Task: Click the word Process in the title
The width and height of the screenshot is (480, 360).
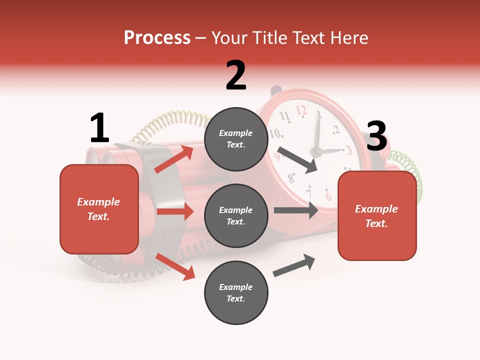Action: [x=157, y=37]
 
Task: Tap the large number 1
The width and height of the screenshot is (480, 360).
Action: [x=99, y=128]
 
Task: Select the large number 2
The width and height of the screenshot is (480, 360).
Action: [x=236, y=75]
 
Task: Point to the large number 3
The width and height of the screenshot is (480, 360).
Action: [x=376, y=136]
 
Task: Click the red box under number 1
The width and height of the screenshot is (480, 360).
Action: [x=99, y=209]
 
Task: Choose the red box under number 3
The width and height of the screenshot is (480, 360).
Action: [x=377, y=216]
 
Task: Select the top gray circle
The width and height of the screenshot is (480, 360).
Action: [x=236, y=139]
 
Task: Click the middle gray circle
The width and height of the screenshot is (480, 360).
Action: [x=236, y=215]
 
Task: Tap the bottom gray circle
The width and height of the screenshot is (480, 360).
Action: [x=236, y=292]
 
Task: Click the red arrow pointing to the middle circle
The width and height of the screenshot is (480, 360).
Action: [x=175, y=211]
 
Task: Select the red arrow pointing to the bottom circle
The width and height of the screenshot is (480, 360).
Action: [x=175, y=266]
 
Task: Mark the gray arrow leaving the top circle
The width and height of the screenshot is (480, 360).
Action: [x=297, y=159]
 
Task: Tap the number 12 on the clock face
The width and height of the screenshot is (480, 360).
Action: [x=301, y=109]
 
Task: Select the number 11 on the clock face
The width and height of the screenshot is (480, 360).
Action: [x=285, y=117]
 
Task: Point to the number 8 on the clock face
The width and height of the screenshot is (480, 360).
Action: [x=291, y=177]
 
